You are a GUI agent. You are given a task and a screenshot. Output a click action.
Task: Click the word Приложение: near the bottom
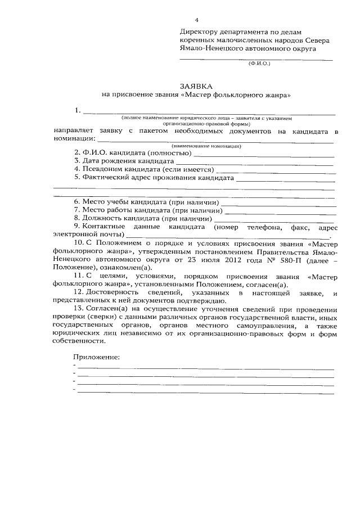(97, 357)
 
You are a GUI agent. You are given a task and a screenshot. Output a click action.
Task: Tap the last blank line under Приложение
(205, 392)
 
